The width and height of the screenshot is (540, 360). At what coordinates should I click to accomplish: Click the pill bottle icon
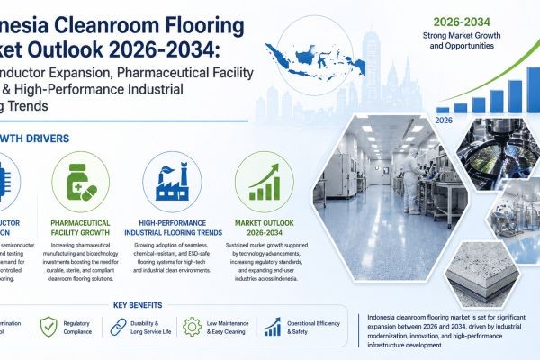pos(76,178)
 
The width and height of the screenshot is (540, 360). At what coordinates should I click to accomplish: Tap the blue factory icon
pos(172,178)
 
